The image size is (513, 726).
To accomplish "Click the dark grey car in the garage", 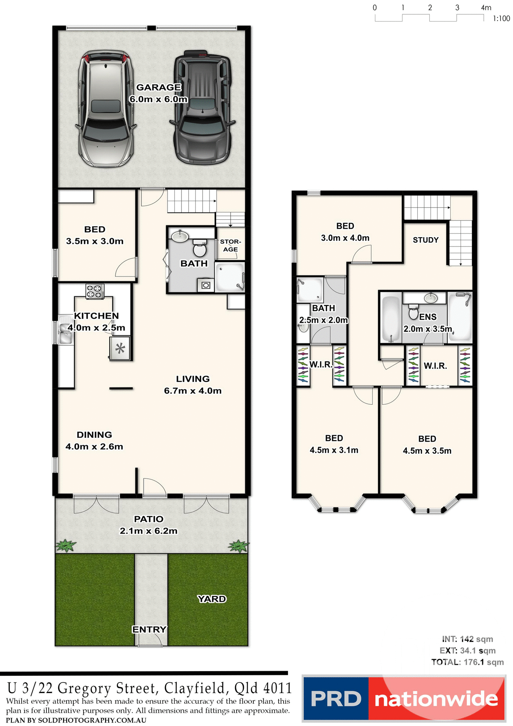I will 203,108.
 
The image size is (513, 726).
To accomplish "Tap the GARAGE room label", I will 158,87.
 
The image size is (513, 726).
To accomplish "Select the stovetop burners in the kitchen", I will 95,291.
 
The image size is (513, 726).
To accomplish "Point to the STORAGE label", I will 230,245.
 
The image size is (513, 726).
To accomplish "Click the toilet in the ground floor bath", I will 199,248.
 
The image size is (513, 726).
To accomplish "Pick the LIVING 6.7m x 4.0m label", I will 193,385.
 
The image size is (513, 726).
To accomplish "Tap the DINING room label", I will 94,435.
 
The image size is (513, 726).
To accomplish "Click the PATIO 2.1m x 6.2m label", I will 149,525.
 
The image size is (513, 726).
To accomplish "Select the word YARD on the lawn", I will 212,599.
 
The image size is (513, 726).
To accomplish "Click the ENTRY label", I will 149,629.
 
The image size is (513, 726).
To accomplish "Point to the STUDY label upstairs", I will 426,240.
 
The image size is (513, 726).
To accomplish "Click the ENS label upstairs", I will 428,317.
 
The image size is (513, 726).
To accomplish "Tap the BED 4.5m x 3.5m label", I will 427,445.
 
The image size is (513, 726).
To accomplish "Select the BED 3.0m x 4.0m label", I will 345,232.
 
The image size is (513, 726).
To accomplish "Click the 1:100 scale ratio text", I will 501,19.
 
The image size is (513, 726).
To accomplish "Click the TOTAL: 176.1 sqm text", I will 468,662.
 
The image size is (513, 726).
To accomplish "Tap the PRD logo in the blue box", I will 336,699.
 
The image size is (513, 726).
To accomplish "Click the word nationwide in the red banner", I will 436,699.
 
